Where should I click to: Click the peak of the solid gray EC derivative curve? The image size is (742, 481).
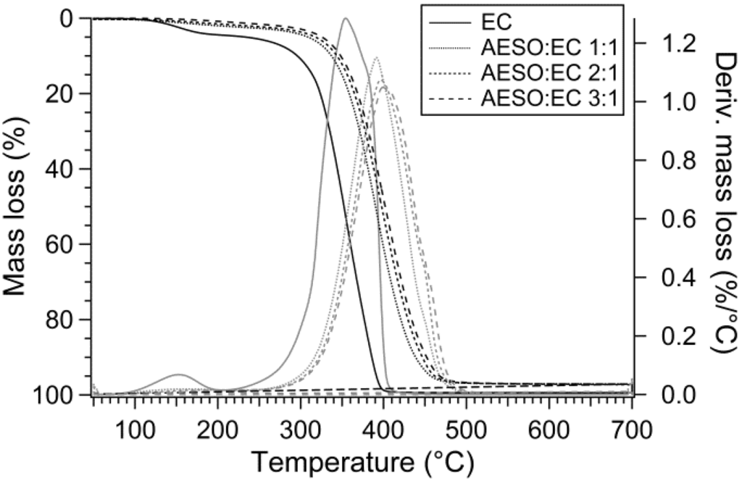(346, 19)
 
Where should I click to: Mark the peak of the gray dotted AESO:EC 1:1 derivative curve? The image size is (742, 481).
(376, 57)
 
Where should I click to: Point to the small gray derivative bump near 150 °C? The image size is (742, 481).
(178, 375)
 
